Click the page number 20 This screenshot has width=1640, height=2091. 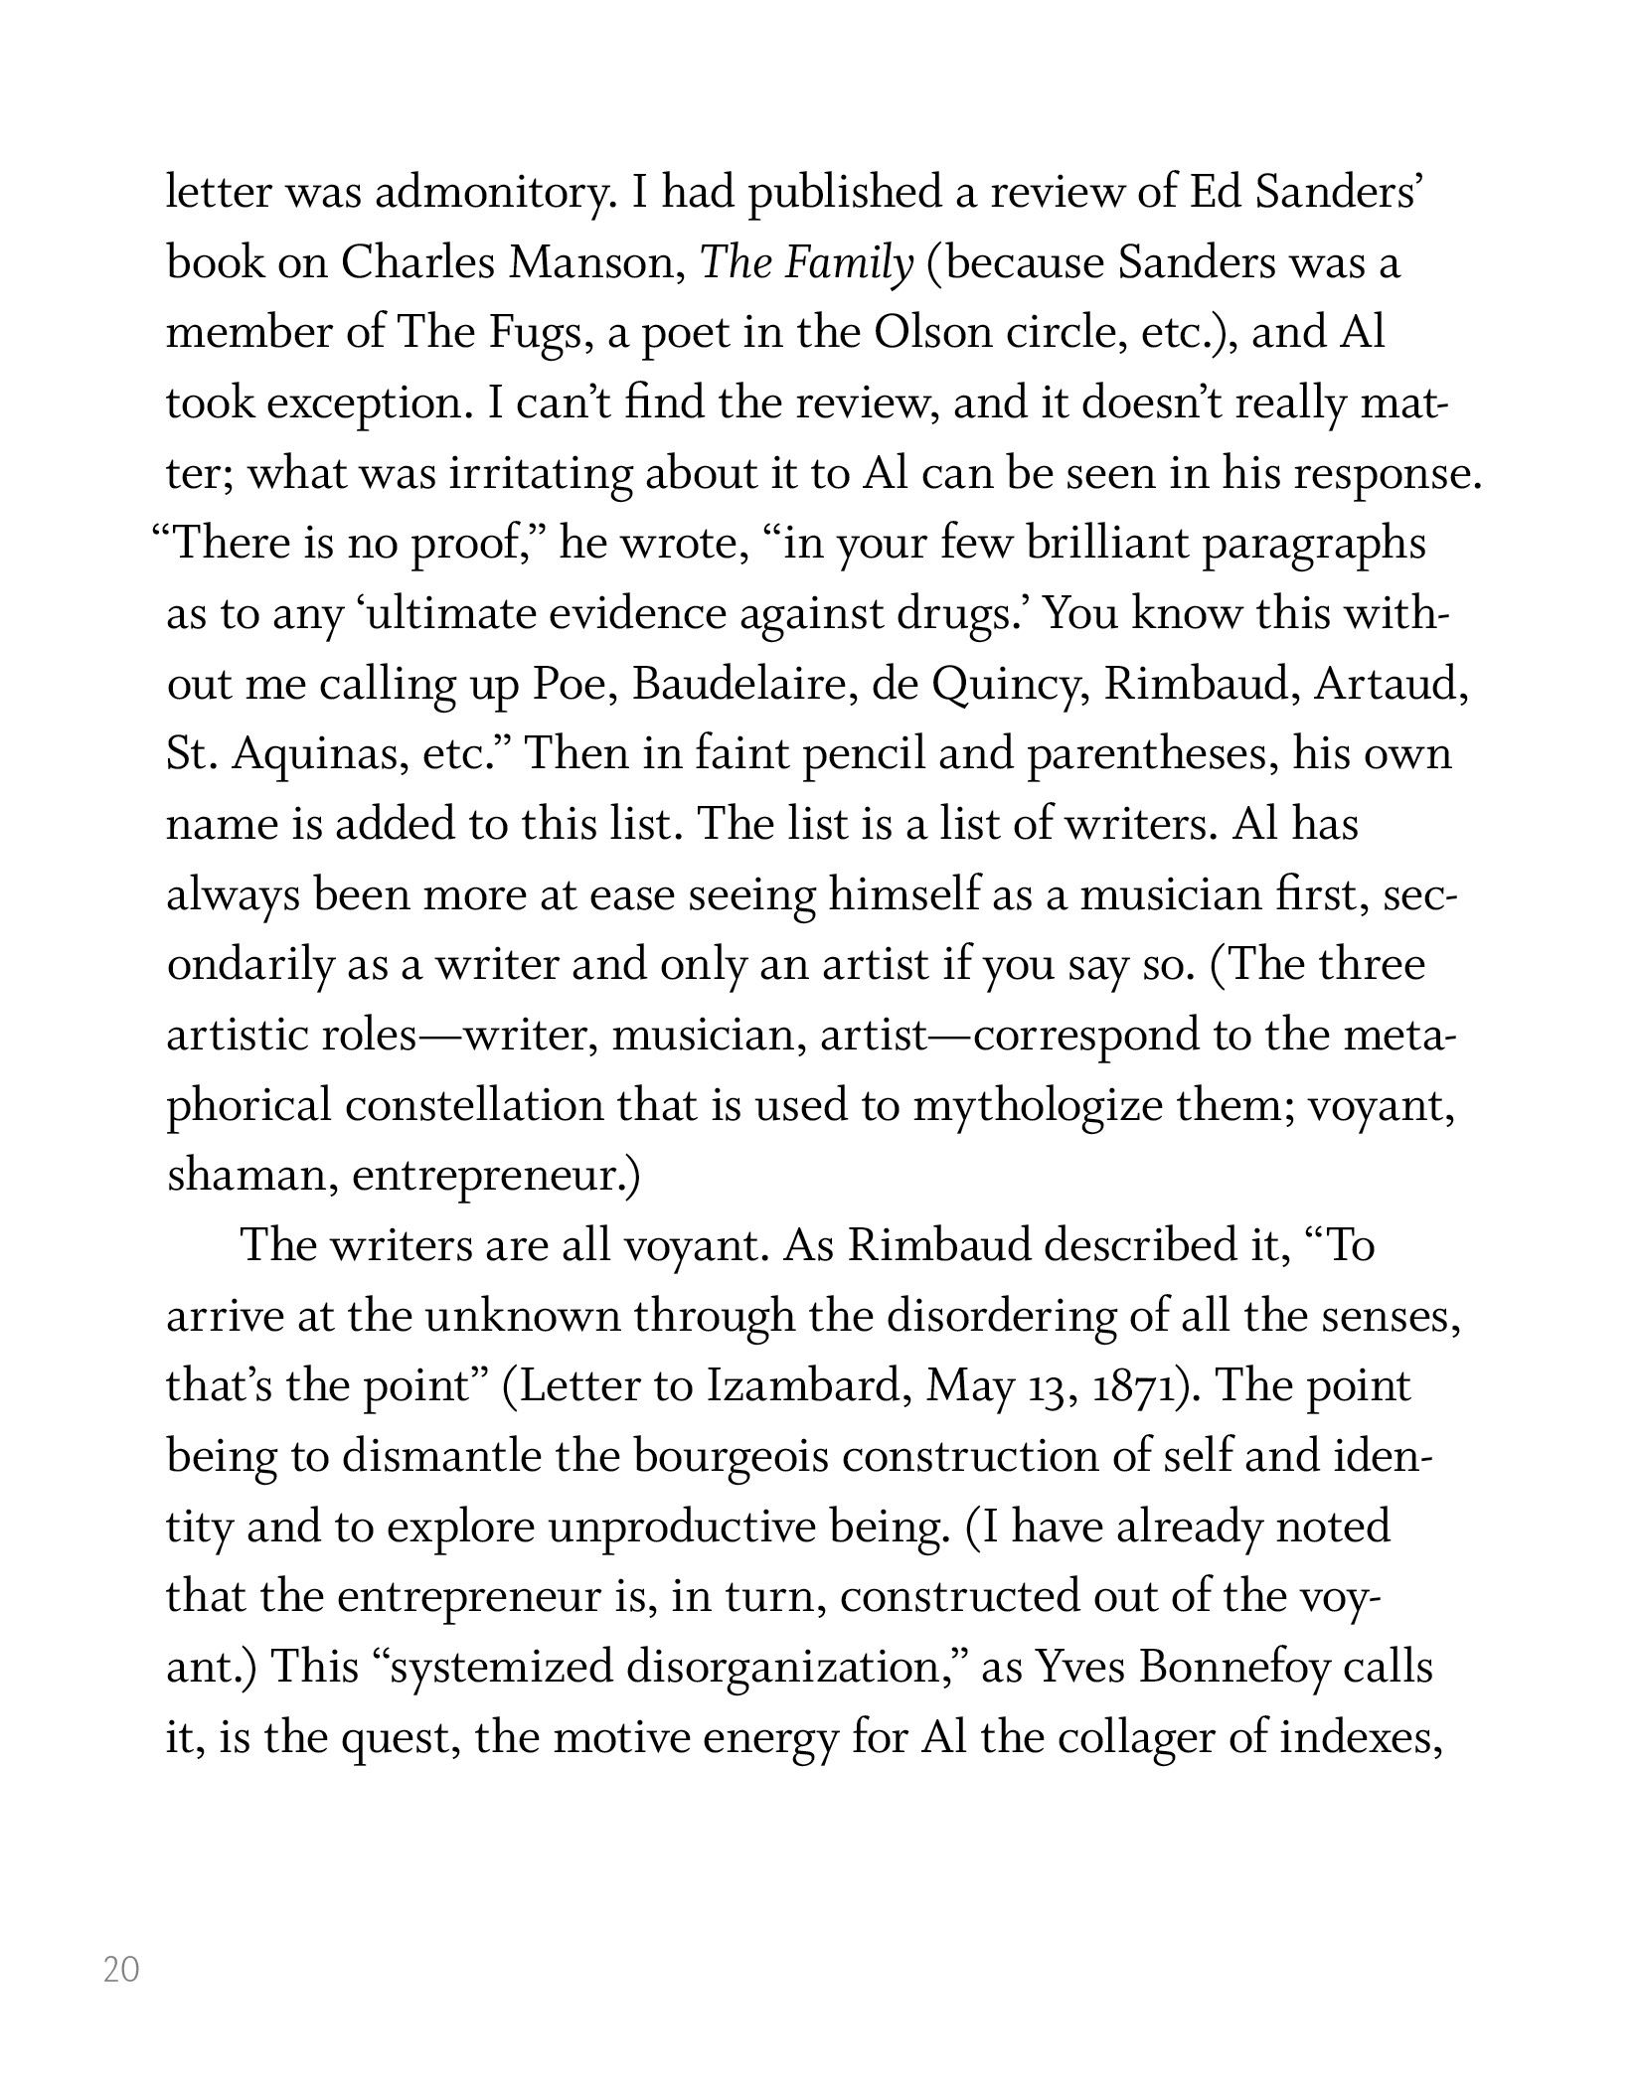tap(121, 1969)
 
